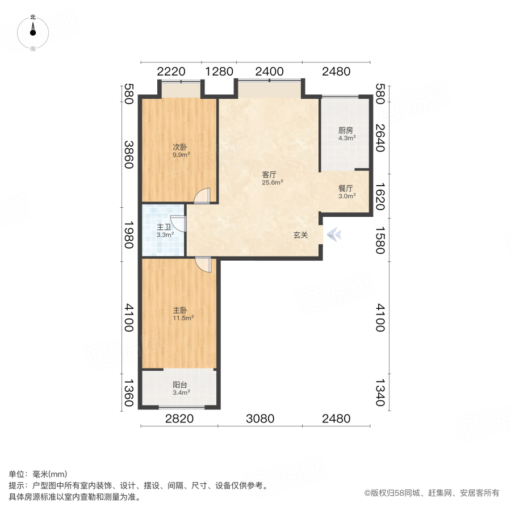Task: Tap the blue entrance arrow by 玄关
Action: [334, 234]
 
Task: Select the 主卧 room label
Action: [181, 311]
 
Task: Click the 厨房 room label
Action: [346, 130]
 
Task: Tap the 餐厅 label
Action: [346, 189]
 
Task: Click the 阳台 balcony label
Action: [181, 384]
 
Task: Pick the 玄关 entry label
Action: [300, 234]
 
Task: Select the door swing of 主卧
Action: [203, 265]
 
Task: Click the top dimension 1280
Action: [219, 72]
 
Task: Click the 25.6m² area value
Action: [273, 183]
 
